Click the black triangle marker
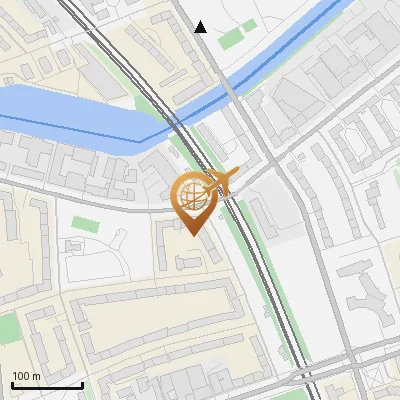201,27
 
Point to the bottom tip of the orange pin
192,236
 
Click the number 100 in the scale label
21,376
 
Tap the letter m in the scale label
36,376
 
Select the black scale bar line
47,385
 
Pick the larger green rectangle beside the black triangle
231,39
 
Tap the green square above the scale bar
8,329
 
